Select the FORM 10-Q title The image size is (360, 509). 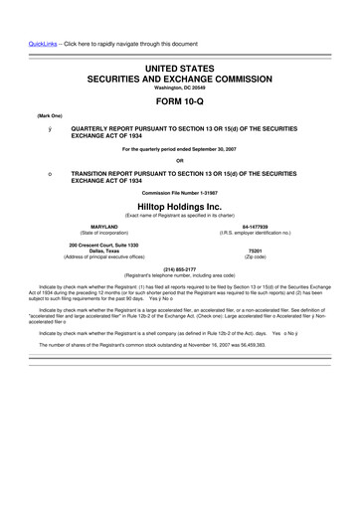click(x=180, y=96)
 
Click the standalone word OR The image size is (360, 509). click(x=180, y=161)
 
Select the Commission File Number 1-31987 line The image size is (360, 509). click(x=180, y=192)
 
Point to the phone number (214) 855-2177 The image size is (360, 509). click(x=180, y=267)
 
